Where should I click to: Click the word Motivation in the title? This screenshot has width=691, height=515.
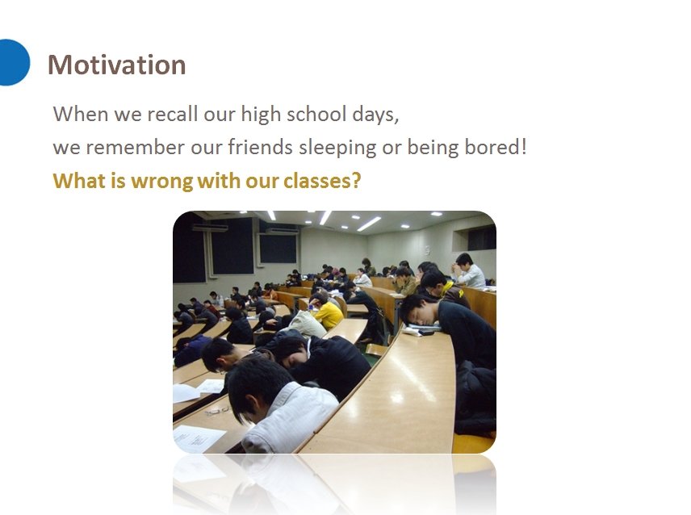pyautogui.click(x=117, y=65)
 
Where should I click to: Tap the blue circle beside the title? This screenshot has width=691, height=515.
pyautogui.click(x=13, y=62)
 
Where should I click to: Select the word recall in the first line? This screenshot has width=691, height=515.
pyautogui.click(x=172, y=114)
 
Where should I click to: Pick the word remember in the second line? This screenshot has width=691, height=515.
pyautogui.click(x=135, y=147)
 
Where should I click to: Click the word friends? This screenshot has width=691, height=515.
pyautogui.click(x=260, y=147)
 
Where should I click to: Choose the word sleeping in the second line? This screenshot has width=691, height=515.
pyautogui.click(x=337, y=148)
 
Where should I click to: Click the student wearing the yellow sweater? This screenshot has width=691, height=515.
pyautogui.click(x=327, y=312)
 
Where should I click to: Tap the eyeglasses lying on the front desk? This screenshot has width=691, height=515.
pyautogui.click(x=218, y=411)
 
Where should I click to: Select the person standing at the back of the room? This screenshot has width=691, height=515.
pyautogui.click(x=366, y=266)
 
